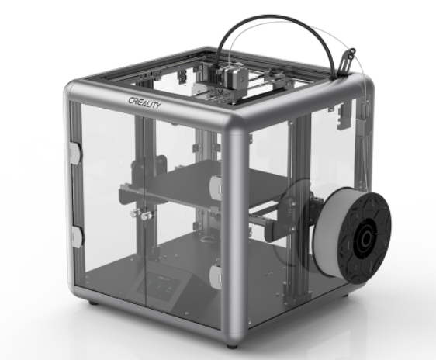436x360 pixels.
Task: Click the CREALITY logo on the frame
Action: coord(144,102)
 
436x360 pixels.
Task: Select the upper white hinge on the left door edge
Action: coord(74,153)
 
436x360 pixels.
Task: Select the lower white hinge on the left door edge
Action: coord(77,237)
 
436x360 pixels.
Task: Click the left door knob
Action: coord(135,213)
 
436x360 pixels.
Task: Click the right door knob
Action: coord(147,216)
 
